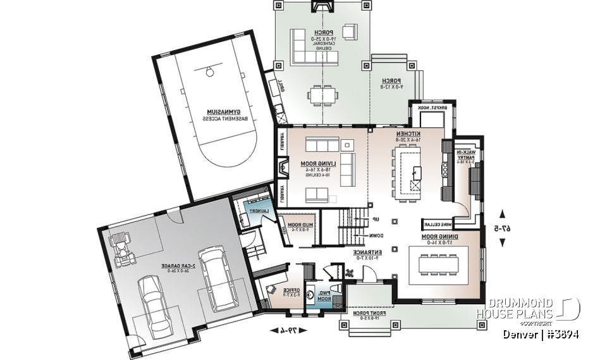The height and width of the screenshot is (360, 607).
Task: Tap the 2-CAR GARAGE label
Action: pyautogui.click(x=163, y=266)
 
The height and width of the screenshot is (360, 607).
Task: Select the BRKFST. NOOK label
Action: pyautogui.click(x=432, y=108)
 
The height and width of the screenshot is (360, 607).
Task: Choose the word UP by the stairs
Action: pyautogui.click(x=375, y=220)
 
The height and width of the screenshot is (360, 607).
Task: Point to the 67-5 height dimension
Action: pyautogui.click(x=503, y=228)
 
